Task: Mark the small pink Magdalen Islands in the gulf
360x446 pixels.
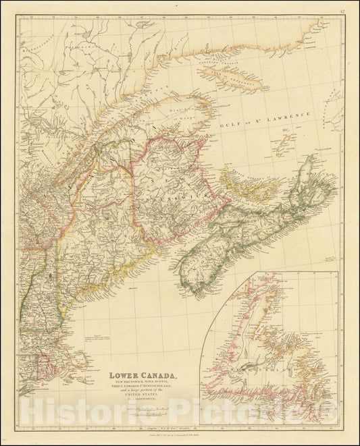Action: (285, 144)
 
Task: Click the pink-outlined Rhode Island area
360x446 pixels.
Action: (49, 367)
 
